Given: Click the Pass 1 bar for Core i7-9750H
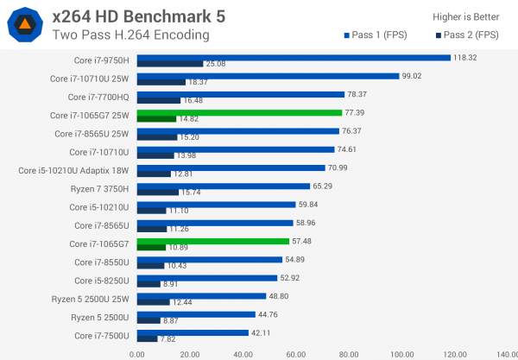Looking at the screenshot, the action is [294, 58].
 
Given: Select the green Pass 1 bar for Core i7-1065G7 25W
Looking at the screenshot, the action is [239, 113].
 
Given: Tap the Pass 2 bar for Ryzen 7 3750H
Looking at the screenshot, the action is [158, 193].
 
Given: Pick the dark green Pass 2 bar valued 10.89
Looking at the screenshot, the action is [151, 248].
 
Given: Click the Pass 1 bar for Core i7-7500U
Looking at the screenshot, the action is [193, 333].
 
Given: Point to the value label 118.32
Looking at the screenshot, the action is [465, 58].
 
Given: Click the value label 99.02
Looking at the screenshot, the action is [412, 76].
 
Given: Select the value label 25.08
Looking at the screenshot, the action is [216, 64].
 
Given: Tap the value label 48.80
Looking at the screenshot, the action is [279, 296].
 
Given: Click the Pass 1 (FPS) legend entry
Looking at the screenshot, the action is [376, 35].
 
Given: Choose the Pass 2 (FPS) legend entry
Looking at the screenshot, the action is [467, 35].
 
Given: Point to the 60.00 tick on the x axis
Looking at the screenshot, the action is [296, 355].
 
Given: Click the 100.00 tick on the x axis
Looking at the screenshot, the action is [402, 355].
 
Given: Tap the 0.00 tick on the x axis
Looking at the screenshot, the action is [137, 355].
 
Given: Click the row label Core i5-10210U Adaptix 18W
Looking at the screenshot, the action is [73, 171].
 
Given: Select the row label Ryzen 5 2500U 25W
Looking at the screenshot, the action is [90, 300].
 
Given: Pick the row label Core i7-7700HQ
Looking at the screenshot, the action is [98, 98].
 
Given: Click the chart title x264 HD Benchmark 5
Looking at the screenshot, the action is [139, 16].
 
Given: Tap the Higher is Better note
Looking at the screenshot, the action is [466, 17].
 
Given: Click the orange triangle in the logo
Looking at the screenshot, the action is [25, 24].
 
